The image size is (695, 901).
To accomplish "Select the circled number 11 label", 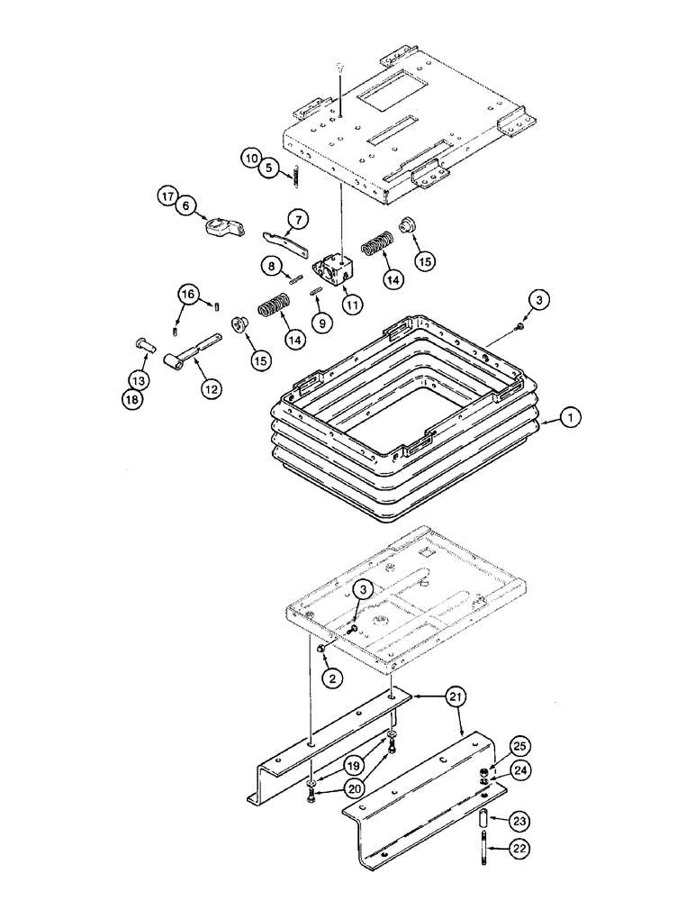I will pyautogui.click(x=351, y=305).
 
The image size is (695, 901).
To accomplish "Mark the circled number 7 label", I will pyautogui.click(x=298, y=218).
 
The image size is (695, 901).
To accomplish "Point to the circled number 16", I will pyautogui.click(x=186, y=294).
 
